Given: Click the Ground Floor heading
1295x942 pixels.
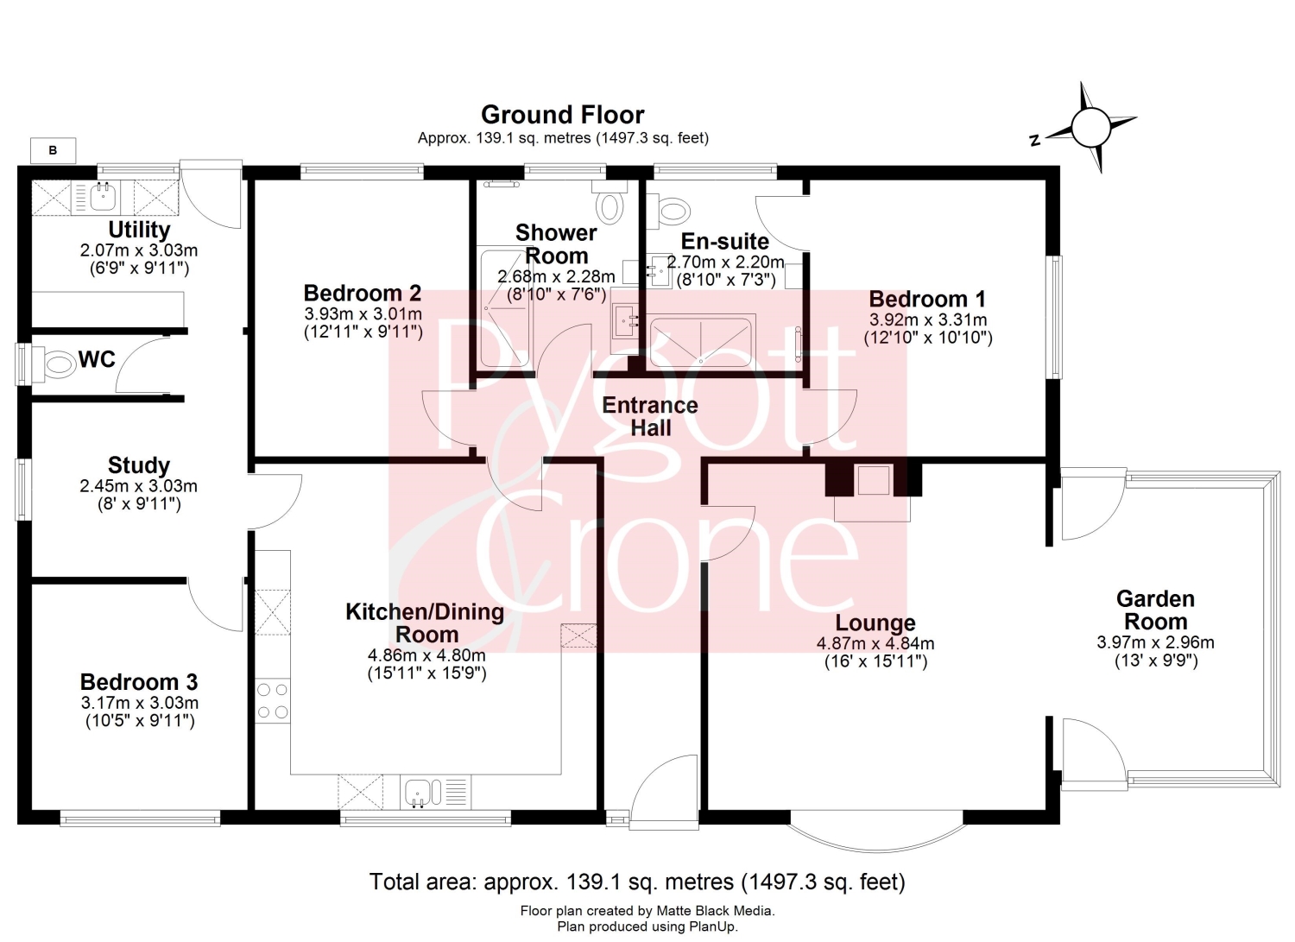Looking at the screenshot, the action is pos(563,115).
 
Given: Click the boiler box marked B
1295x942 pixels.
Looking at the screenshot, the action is pos(54,150).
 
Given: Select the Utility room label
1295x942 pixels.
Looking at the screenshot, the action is pos(139,230).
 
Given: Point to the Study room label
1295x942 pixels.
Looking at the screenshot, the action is pos(139,465).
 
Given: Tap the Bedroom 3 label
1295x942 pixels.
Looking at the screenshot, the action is pos(139,682).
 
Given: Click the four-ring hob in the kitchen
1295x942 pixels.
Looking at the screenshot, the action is pos(272,700).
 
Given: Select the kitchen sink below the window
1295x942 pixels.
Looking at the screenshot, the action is pos(435,792).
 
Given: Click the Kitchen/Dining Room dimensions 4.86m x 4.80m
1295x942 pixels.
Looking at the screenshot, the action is pos(426,655).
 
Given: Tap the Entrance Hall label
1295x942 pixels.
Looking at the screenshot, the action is pos(650,416).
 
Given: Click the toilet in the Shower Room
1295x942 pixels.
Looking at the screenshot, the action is pos(610,202).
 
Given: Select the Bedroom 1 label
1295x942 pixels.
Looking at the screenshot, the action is pos(927,299).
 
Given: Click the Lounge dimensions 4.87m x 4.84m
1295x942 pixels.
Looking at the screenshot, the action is pos(875,643).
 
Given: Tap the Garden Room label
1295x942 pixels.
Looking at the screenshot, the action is pos(1155,610).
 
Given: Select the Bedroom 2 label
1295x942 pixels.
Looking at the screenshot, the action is pos(363,294).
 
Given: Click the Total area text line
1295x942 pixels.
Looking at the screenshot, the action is pos(637,882).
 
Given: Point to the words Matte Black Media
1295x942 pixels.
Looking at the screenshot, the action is pos(715,912).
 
